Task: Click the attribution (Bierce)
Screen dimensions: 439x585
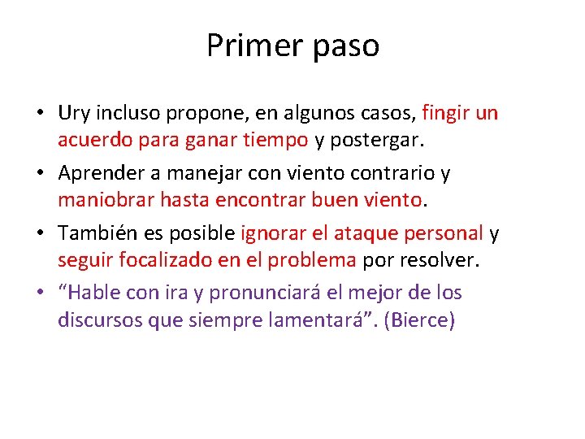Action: pyautogui.click(x=421, y=320)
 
